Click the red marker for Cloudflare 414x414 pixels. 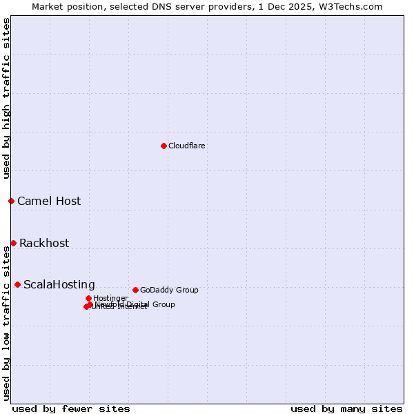click(x=164, y=146)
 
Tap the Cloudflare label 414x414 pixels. click(x=187, y=146)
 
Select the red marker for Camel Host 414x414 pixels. click(x=11, y=201)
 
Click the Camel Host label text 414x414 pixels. click(x=49, y=201)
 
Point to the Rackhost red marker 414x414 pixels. click(x=13, y=243)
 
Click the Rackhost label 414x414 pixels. click(x=44, y=244)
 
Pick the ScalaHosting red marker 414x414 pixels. click(x=17, y=284)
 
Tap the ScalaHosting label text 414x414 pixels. click(x=59, y=285)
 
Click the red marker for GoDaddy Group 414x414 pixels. click(x=135, y=290)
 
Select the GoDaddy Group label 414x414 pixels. click(x=169, y=290)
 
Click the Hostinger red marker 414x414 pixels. click(x=88, y=298)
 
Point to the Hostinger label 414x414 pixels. click(x=110, y=299)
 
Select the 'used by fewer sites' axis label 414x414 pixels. click(x=71, y=408)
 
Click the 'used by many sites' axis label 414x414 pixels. click(x=346, y=408)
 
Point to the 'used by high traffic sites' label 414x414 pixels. click(x=6, y=98)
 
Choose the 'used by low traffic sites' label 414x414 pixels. click(x=6, y=323)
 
